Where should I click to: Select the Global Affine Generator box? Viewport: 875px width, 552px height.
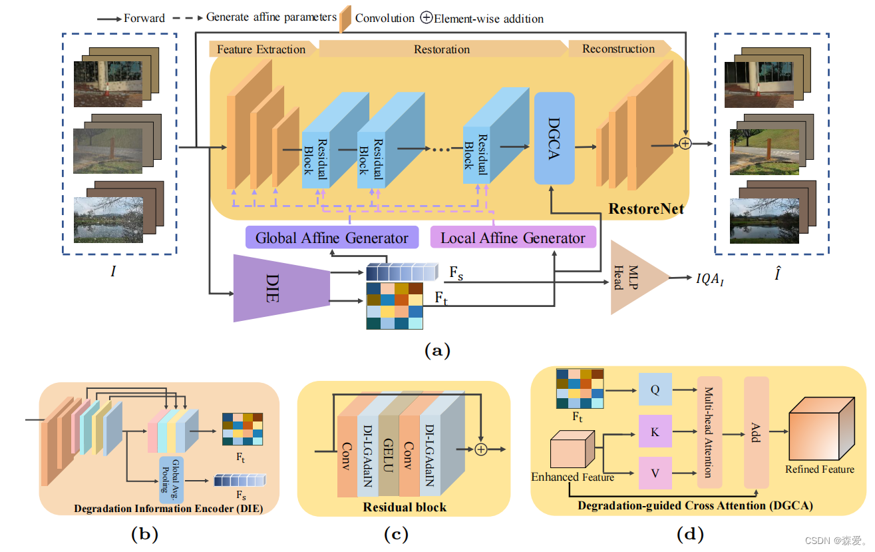click(331, 238)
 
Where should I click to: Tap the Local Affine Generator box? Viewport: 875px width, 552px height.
click(513, 238)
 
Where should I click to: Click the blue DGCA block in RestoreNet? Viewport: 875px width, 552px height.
click(554, 138)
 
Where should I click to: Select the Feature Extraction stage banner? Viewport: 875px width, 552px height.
click(261, 49)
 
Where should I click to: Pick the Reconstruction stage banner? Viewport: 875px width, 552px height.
click(618, 49)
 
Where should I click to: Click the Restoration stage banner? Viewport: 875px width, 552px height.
click(442, 49)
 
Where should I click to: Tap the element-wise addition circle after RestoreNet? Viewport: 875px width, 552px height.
click(685, 143)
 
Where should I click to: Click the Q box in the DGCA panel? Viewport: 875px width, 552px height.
click(655, 390)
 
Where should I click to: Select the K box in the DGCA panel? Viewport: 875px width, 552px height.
click(655, 431)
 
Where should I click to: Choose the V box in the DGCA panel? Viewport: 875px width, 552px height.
click(655, 473)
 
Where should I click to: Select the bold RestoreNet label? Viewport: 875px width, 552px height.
click(645, 208)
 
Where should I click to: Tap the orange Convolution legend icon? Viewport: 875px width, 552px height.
click(345, 19)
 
